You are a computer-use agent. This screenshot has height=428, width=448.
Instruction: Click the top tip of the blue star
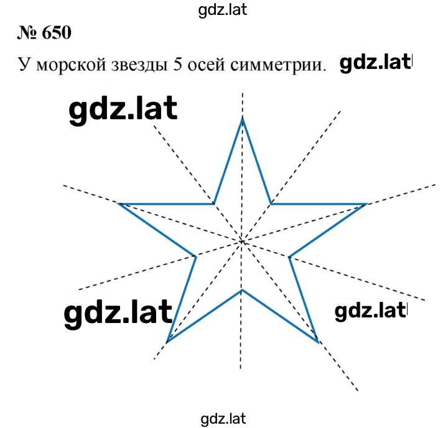pos(243,119)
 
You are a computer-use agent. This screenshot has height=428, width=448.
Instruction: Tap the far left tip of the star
pos(119,204)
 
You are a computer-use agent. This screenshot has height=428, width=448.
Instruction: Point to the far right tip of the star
pos(366,204)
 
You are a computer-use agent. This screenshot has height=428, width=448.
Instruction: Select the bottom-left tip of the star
pos(167,341)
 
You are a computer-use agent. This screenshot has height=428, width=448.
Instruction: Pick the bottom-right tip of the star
pos(318,342)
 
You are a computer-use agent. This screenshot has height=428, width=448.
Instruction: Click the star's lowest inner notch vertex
pos(242,291)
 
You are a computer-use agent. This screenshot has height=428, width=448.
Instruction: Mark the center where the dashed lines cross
pos(242,242)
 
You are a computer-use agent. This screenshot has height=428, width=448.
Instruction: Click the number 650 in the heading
pos(57,33)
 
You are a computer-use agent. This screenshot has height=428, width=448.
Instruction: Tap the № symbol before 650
pos(27,33)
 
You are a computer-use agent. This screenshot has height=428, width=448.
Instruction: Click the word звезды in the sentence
pos(139,65)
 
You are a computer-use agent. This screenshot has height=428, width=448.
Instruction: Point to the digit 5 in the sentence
pos(177,65)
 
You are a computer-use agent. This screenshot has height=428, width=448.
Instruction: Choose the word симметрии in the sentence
pos(278,65)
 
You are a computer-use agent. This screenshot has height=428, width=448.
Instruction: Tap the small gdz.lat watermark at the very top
pos(223,11)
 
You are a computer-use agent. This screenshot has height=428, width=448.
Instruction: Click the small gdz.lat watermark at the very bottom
pos(223,419)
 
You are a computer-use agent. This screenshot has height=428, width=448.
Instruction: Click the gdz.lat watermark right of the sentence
pos(375,63)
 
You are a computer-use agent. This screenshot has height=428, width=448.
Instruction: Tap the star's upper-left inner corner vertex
pos(213,204)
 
